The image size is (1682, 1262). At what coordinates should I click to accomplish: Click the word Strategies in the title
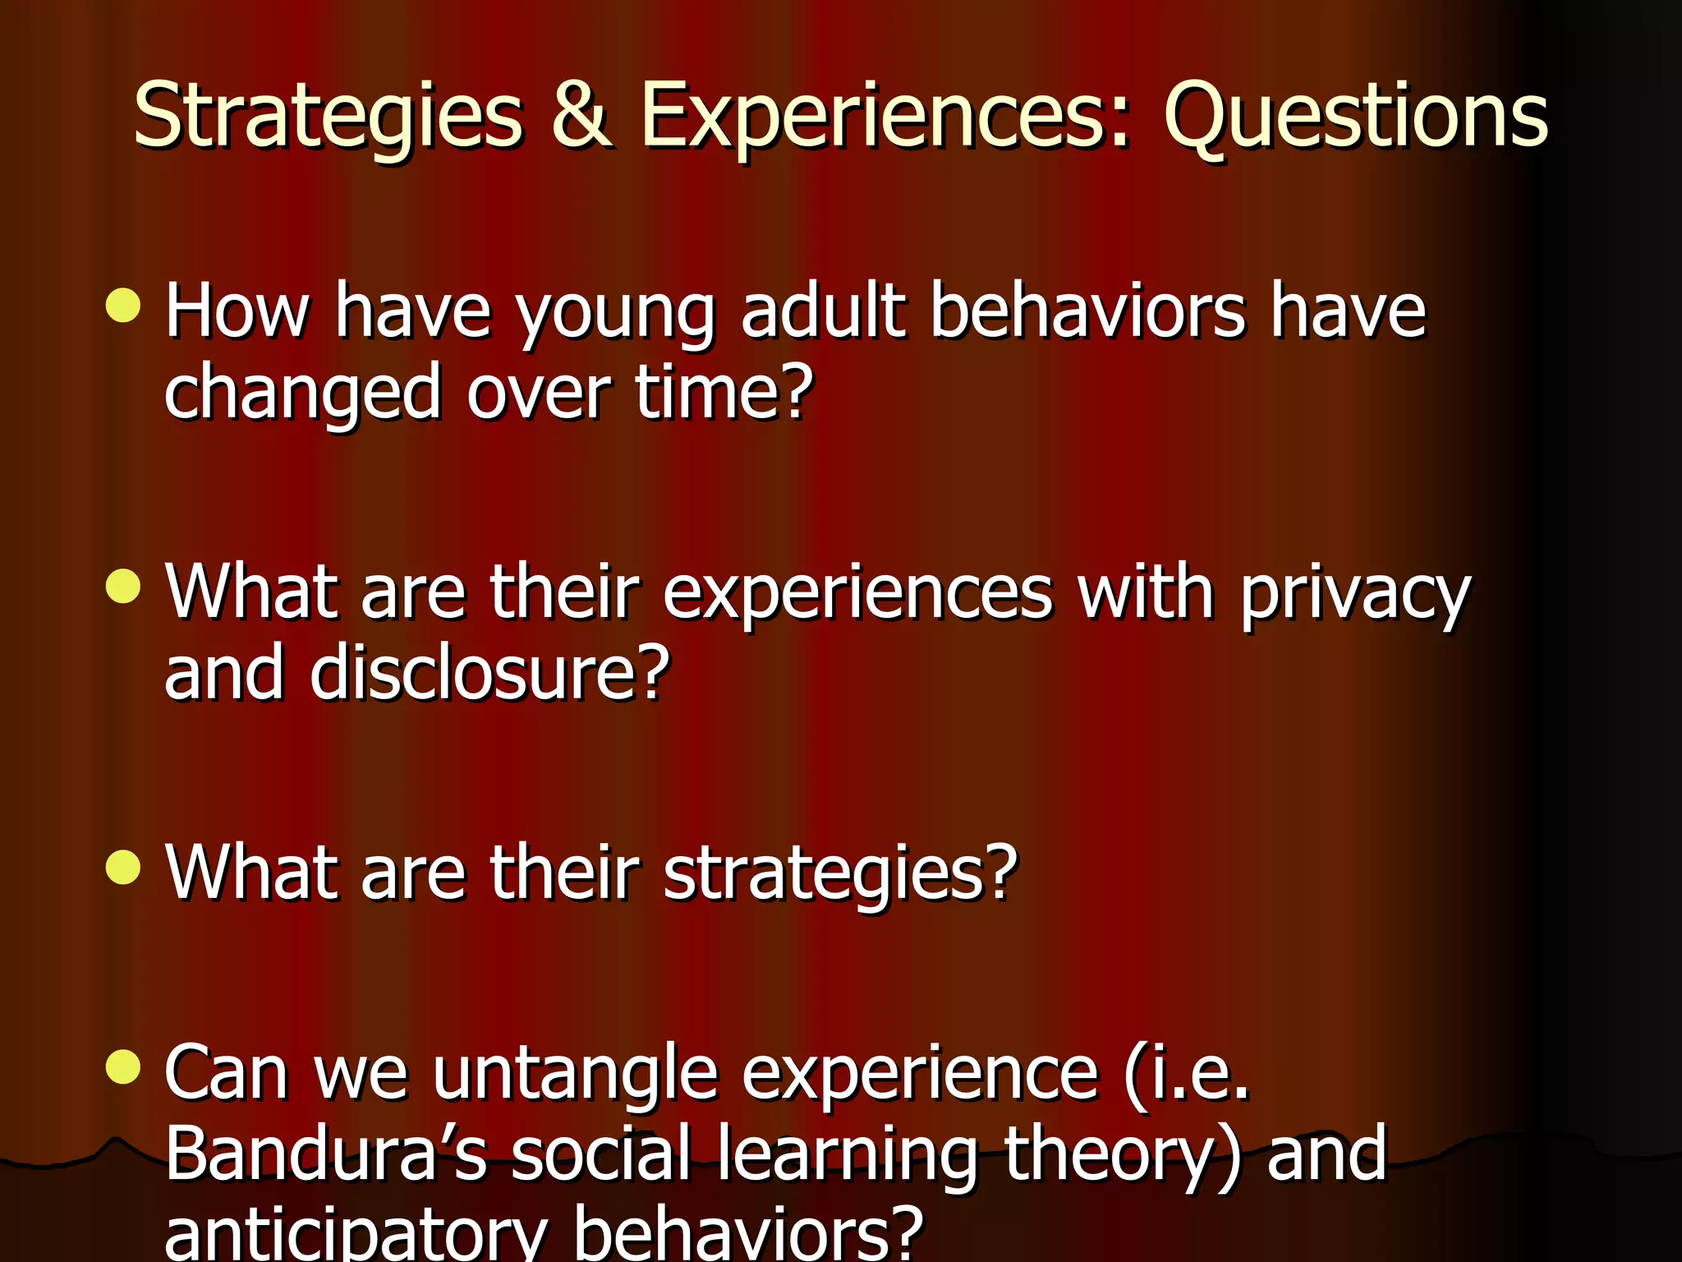coord(329,117)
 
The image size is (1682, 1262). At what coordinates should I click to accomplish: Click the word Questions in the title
coord(1355,117)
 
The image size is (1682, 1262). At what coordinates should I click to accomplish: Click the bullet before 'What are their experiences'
coord(123,587)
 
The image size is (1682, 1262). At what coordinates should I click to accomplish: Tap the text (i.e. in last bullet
coord(1187,1073)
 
